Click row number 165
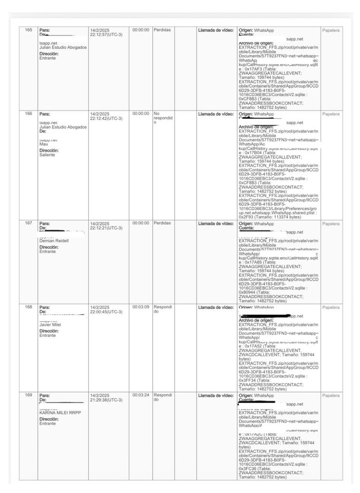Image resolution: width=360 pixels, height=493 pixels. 28,30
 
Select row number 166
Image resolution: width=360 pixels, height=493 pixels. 28,114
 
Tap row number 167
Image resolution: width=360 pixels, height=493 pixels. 28,223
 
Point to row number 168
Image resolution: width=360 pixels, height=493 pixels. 28,307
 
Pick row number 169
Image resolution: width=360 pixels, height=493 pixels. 28,395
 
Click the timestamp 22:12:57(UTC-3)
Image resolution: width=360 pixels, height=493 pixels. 106,35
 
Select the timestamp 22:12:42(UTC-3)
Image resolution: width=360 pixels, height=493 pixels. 106,118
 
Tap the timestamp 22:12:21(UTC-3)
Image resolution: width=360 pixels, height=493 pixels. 106,228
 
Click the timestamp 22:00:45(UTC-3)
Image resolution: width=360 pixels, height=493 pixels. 106,311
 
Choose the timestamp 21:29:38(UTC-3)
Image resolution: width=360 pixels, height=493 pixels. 106,400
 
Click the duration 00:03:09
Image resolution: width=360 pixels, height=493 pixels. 141,307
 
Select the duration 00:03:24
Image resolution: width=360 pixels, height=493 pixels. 141,395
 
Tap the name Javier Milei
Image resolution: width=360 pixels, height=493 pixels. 50,325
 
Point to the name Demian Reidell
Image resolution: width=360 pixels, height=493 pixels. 54,241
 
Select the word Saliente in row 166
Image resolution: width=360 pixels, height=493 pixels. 47,155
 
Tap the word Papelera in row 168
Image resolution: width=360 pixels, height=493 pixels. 331,307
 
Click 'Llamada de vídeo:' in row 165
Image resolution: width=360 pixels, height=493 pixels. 216,30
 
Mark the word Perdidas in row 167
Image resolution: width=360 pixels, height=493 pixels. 162,223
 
